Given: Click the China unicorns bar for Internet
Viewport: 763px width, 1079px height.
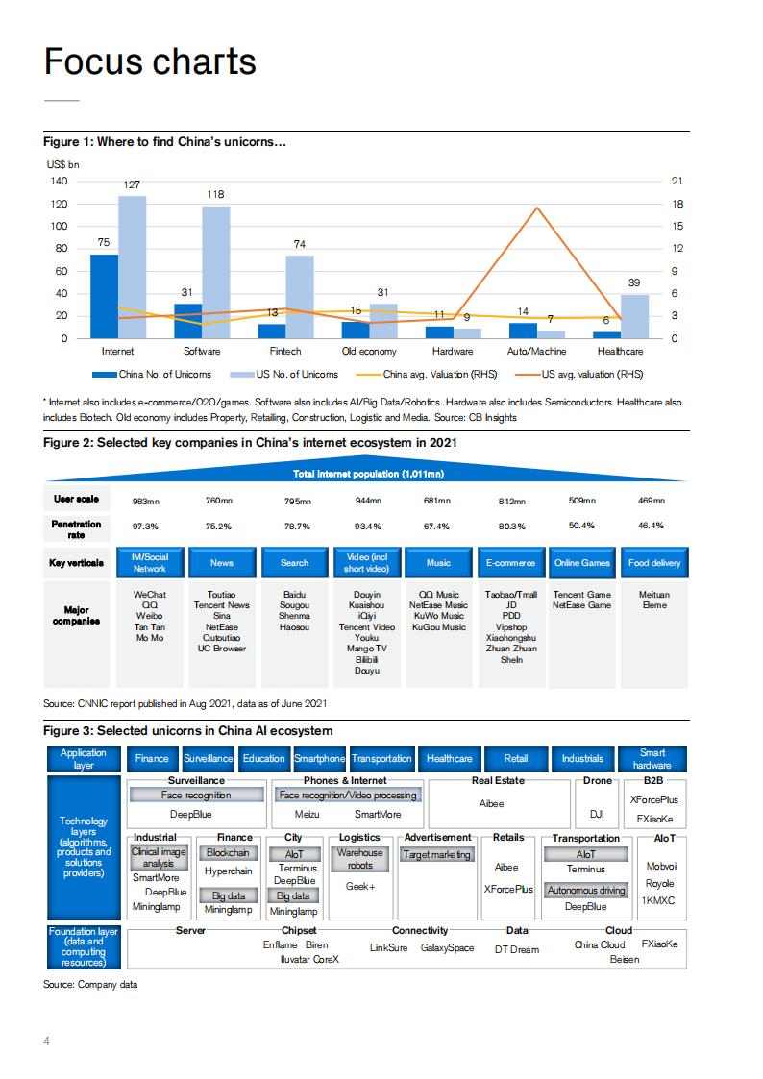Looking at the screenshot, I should point(105,296).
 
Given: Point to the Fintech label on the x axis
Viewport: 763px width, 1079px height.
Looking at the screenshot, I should point(285,352).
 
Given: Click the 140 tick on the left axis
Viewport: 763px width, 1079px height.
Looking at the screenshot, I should point(60,182).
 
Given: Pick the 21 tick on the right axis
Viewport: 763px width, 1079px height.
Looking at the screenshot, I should point(677,182).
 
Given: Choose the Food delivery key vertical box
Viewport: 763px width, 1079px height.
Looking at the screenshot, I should point(654,563).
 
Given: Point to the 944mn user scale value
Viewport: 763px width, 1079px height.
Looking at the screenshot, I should point(368,501).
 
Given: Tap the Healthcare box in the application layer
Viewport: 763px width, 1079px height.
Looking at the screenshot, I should point(449,759).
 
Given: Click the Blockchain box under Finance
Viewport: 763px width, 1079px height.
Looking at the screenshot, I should point(228,852).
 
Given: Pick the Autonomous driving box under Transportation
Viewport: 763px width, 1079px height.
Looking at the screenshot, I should point(585,891).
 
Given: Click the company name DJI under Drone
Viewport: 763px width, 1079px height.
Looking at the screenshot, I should point(597,814).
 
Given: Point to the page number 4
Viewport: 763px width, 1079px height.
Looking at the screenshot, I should point(47,1041).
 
